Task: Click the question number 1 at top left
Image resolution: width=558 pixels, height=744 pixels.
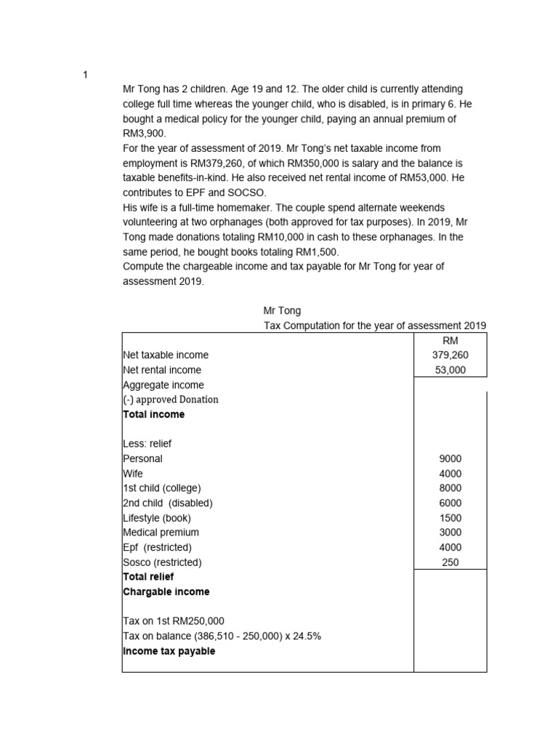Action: (x=85, y=75)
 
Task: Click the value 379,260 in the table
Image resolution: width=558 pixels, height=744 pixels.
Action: (x=450, y=355)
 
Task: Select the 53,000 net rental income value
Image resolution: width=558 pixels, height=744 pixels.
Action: (x=450, y=371)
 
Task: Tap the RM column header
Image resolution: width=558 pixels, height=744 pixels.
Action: (x=450, y=341)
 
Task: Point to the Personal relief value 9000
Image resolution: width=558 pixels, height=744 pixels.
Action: (x=450, y=459)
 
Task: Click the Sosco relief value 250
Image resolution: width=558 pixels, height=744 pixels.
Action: (x=450, y=562)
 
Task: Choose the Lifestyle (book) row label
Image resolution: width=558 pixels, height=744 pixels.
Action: (x=157, y=518)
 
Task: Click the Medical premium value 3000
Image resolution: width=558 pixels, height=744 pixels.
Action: (x=450, y=533)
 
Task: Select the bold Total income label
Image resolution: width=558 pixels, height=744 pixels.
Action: (x=154, y=415)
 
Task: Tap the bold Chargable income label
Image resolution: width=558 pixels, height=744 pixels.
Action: (x=166, y=592)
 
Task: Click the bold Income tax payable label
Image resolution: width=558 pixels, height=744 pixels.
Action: (x=169, y=651)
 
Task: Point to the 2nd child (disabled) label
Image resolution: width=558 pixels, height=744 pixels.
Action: (x=168, y=503)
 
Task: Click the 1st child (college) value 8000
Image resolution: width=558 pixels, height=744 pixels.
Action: (x=450, y=488)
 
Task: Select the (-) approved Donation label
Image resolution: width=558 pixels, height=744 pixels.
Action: (x=171, y=400)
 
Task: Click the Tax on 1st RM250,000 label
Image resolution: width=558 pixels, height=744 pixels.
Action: (x=174, y=621)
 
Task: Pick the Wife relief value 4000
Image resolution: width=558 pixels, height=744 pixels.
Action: (x=450, y=474)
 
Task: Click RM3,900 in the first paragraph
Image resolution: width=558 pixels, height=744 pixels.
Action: (x=145, y=134)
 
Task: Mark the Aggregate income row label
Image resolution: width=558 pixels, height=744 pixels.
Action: (x=163, y=385)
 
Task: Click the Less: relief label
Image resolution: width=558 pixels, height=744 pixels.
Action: (x=147, y=444)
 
